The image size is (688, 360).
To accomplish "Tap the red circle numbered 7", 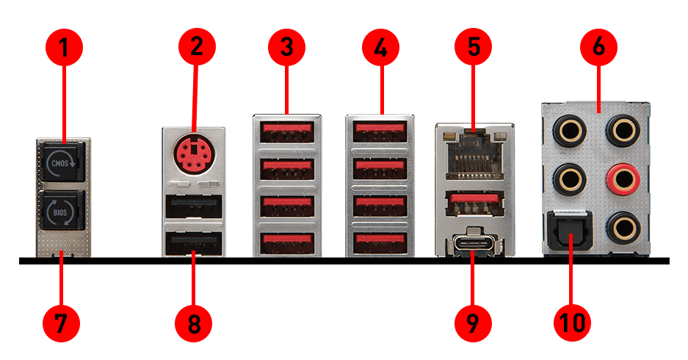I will (63, 322).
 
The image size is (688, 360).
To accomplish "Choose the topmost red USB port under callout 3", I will (286, 132).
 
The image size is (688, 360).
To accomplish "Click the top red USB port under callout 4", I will (380, 132).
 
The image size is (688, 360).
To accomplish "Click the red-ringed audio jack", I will (618, 178).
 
